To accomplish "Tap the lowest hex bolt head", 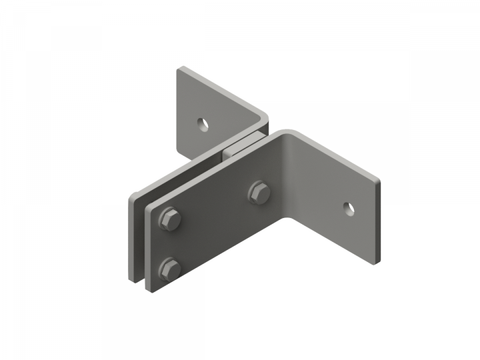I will click(x=171, y=269).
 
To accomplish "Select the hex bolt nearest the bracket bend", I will click(x=259, y=193).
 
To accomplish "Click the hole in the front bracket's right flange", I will click(x=349, y=209).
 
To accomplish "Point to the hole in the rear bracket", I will click(x=202, y=123).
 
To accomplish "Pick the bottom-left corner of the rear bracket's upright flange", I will click(x=178, y=149).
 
